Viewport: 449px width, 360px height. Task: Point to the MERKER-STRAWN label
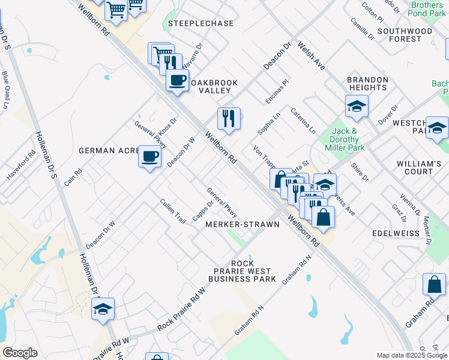(243, 224)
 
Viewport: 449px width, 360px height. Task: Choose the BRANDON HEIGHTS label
(368, 83)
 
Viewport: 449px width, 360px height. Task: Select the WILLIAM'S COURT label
(419, 167)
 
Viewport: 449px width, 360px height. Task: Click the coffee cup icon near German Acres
(149, 157)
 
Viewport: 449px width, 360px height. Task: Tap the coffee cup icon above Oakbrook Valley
(177, 80)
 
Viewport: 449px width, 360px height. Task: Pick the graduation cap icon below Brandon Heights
(357, 107)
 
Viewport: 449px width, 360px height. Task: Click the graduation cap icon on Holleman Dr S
(103, 308)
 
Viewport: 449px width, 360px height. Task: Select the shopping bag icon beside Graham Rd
(434, 284)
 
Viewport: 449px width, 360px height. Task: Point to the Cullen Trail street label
(173, 211)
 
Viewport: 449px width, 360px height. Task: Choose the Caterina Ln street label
(303, 120)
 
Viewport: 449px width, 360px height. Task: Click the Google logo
(20, 352)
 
